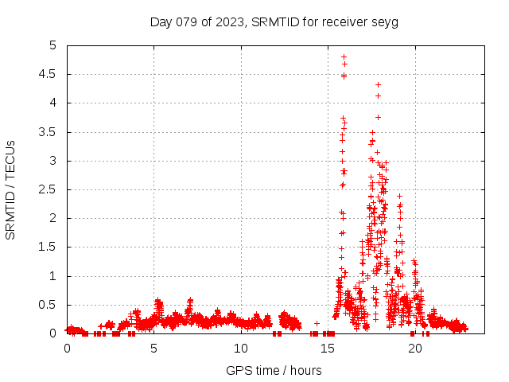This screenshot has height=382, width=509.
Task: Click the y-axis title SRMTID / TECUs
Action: pyautogui.click(x=10, y=189)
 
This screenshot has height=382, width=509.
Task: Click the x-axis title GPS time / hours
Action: pyautogui.click(x=274, y=370)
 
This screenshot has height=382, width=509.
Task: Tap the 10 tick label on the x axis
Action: pyautogui.click(x=241, y=349)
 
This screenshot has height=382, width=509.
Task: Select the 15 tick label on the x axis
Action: pyautogui.click(x=328, y=349)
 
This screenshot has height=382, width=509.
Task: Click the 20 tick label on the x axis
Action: pyautogui.click(x=414, y=349)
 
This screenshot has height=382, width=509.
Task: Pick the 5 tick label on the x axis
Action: pyautogui.click(x=153, y=349)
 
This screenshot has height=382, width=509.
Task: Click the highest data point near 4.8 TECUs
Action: pyautogui.click(x=344, y=57)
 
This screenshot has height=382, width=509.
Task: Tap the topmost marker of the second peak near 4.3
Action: pyautogui.click(x=378, y=84)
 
